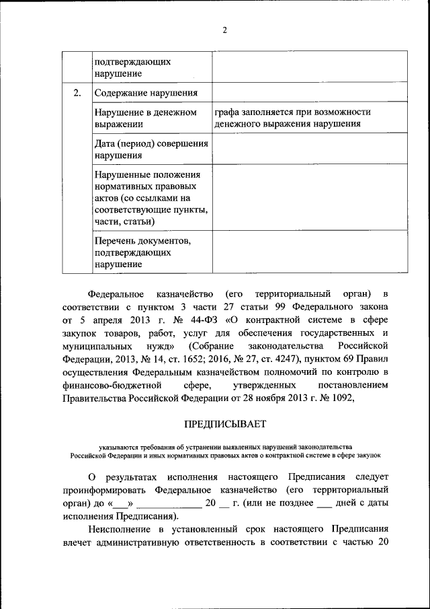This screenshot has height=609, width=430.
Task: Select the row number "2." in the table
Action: coord(77,92)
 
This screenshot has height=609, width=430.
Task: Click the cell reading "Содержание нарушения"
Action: coord(145,93)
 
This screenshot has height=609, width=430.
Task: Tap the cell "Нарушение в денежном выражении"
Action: coord(145,118)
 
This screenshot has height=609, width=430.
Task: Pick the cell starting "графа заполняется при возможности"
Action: coord(292,118)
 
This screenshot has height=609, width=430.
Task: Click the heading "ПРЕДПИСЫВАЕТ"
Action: coord(225,423)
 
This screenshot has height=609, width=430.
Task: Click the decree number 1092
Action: coord(350,396)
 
